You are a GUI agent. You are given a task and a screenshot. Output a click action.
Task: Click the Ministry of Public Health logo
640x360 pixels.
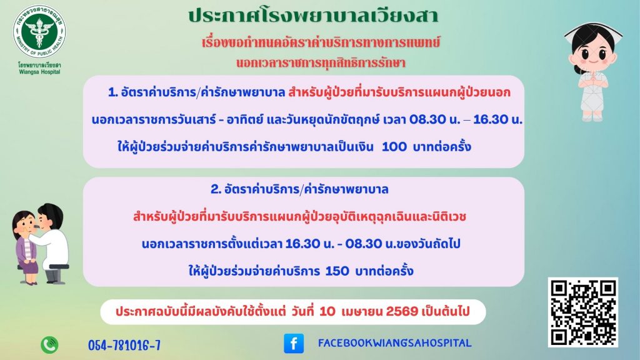pos(39,31)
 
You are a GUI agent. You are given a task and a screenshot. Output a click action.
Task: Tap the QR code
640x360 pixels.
pos(583,312)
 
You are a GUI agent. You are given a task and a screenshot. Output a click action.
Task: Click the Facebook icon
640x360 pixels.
pos(294,343)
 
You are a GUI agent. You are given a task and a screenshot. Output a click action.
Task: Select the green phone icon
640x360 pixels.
pos(49,345)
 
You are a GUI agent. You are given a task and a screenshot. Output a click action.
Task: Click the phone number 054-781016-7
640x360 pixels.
pos(124,346)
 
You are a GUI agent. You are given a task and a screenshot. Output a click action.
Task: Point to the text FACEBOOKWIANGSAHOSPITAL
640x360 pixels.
pos(395,343)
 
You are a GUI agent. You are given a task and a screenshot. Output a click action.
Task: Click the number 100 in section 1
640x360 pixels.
pos(394,146)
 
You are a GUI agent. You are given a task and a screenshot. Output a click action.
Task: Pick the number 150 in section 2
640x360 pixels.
pos(337,271)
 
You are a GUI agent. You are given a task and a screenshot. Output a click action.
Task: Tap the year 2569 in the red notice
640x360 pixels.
pos(402,311)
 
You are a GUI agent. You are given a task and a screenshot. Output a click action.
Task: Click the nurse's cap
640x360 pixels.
pos(594,32)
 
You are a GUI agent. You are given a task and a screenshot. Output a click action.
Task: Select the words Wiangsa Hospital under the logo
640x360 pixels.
pos(39,72)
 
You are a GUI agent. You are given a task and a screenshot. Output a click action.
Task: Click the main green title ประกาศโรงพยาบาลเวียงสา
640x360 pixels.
pos(313,16)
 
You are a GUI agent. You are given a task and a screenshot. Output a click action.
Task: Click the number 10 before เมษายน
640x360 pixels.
pos(327,311)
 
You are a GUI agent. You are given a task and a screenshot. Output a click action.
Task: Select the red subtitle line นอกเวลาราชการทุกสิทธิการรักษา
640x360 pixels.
pos(321,63)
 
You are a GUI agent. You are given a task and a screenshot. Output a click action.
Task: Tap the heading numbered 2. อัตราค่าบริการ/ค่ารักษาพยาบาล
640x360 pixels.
pos(299,189)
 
